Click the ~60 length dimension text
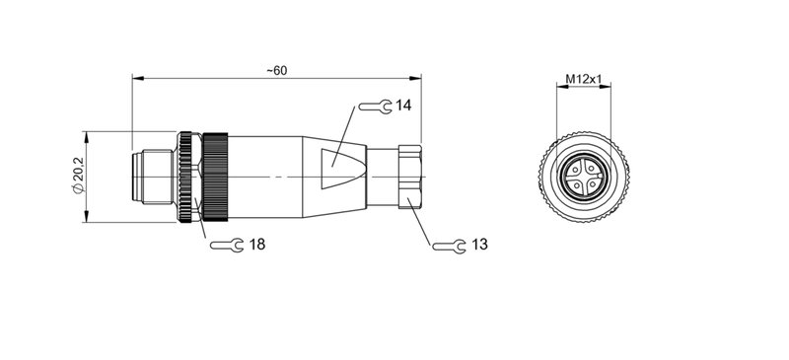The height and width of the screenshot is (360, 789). [x=277, y=70]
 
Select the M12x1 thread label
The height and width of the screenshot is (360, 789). [x=584, y=79]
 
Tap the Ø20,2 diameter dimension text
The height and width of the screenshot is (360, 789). [x=79, y=175]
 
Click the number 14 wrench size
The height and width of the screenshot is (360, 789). [x=403, y=106]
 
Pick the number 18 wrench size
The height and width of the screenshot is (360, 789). [x=257, y=245]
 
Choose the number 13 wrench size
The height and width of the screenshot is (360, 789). [x=479, y=245]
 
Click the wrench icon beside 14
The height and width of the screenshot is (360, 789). [x=375, y=107]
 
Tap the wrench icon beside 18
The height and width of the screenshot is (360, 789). [x=227, y=246]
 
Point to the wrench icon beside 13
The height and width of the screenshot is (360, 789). [x=450, y=247]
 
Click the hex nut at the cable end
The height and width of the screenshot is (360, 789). [x=409, y=177]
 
